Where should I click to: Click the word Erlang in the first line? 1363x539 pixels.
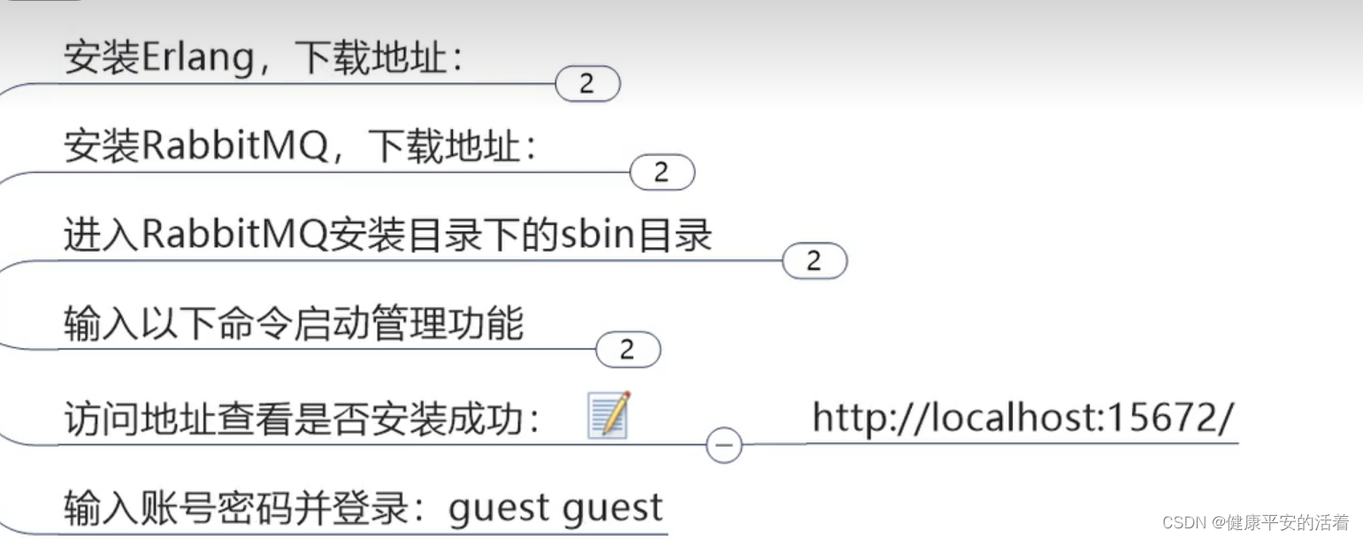click(x=195, y=59)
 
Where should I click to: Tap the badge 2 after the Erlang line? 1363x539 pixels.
click(x=587, y=85)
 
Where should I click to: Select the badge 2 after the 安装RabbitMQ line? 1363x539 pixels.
click(x=662, y=173)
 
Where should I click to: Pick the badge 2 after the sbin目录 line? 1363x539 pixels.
click(x=815, y=261)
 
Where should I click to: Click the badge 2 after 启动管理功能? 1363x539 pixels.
click(x=628, y=350)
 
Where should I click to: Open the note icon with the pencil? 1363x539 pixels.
click(x=609, y=415)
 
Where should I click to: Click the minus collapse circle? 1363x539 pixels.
click(x=724, y=445)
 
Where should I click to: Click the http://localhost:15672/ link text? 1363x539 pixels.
click(x=1022, y=417)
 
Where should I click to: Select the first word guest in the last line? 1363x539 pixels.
click(x=499, y=509)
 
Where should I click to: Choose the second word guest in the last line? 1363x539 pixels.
click(x=612, y=509)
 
